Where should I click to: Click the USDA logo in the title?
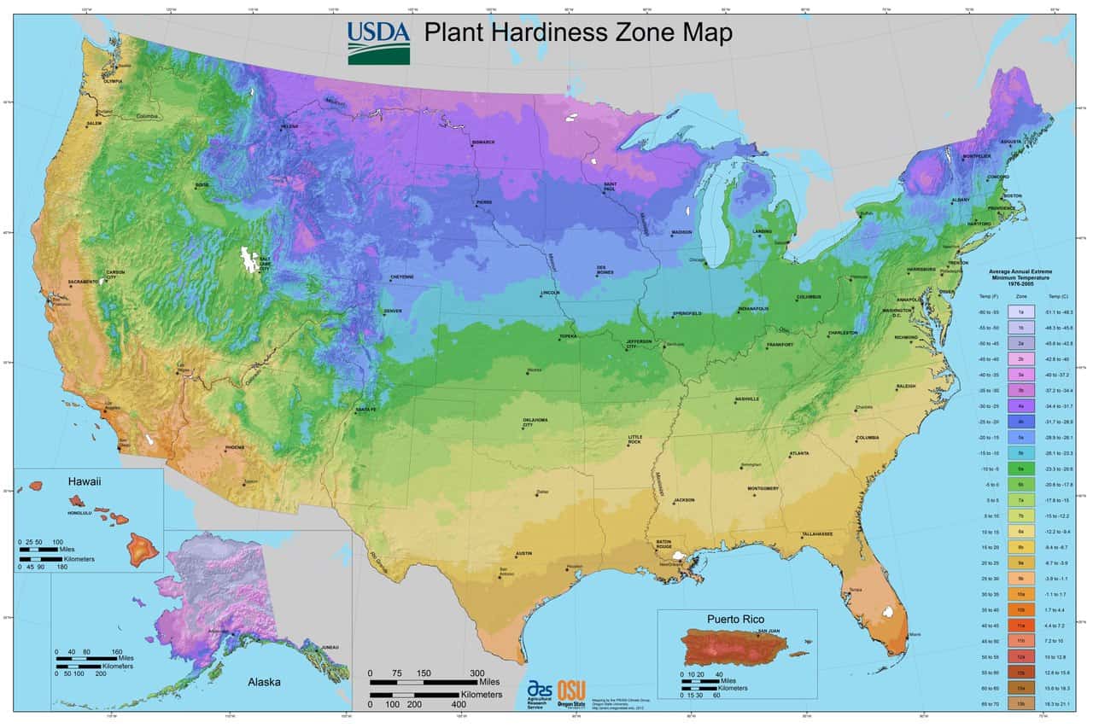(378, 42)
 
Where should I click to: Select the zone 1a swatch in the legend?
(1020, 312)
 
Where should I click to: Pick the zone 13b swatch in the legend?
(1020, 702)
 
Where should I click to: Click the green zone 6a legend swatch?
(1020, 469)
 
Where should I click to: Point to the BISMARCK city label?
(482, 143)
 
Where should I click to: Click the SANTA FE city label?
(365, 410)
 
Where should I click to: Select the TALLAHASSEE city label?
(816, 533)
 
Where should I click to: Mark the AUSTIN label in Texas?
(523, 553)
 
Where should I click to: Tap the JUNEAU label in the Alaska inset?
(330, 648)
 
